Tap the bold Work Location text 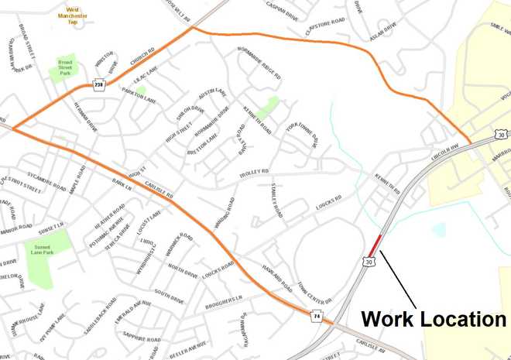tap(433, 319)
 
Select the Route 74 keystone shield tap(317, 316)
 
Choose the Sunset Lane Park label tap(41, 249)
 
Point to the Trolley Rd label tap(254, 171)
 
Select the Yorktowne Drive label tap(302, 133)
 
